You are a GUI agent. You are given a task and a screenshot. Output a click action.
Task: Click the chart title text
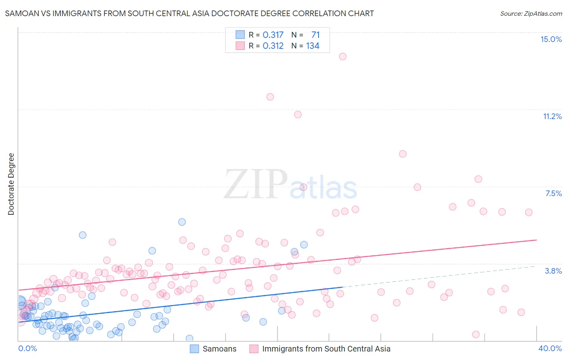click(x=189, y=13)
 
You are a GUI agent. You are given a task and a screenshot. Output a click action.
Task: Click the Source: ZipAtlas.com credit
click(x=531, y=13)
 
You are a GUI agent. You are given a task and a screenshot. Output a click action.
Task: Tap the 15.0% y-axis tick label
click(x=551, y=39)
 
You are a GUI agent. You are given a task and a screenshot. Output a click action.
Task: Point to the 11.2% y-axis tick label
click(x=552, y=116)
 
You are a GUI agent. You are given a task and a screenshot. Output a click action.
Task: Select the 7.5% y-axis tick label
click(x=553, y=193)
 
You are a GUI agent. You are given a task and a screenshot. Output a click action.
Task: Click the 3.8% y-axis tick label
click(x=553, y=271)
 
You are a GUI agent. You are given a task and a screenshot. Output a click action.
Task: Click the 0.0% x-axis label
click(x=27, y=348)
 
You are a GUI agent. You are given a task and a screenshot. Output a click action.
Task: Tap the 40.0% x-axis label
click(x=550, y=348)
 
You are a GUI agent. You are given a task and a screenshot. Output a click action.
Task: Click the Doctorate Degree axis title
click(x=11, y=184)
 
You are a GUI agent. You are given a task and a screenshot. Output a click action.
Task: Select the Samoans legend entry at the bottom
click(x=219, y=349)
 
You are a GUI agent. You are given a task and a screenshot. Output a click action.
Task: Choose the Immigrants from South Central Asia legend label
click(x=326, y=349)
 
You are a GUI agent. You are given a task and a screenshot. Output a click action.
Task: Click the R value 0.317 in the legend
click(x=273, y=35)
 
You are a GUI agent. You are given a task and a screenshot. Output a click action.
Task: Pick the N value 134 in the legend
click(x=313, y=46)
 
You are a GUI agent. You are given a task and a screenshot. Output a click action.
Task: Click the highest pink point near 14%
click(x=343, y=57)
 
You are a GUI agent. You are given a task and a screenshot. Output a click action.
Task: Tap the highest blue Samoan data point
click(x=182, y=222)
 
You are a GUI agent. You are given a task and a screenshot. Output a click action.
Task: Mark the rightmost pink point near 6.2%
click(x=529, y=212)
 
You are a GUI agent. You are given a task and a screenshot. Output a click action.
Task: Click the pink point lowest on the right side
click(x=476, y=335)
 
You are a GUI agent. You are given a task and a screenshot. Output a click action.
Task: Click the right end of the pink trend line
click(x=536, y=240)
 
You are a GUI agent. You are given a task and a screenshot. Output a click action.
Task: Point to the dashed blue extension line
click(x=440, y=276)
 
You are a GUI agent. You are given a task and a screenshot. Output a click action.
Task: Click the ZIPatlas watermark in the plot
click(x=290, y=185)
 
